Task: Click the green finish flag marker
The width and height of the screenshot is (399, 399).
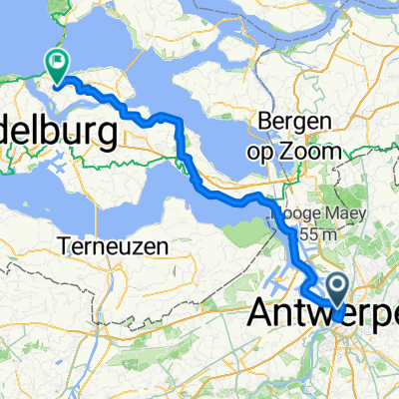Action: click(57, 66)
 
